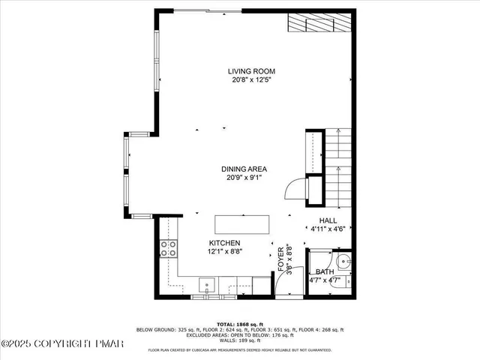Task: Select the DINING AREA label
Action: pos(244,169)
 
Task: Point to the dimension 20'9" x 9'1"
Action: pos(244,178)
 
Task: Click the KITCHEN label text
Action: pos(224,243)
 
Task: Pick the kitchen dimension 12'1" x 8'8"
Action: pos(224,253)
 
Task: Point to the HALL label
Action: pos(327,220)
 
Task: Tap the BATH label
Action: pos(324,272)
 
